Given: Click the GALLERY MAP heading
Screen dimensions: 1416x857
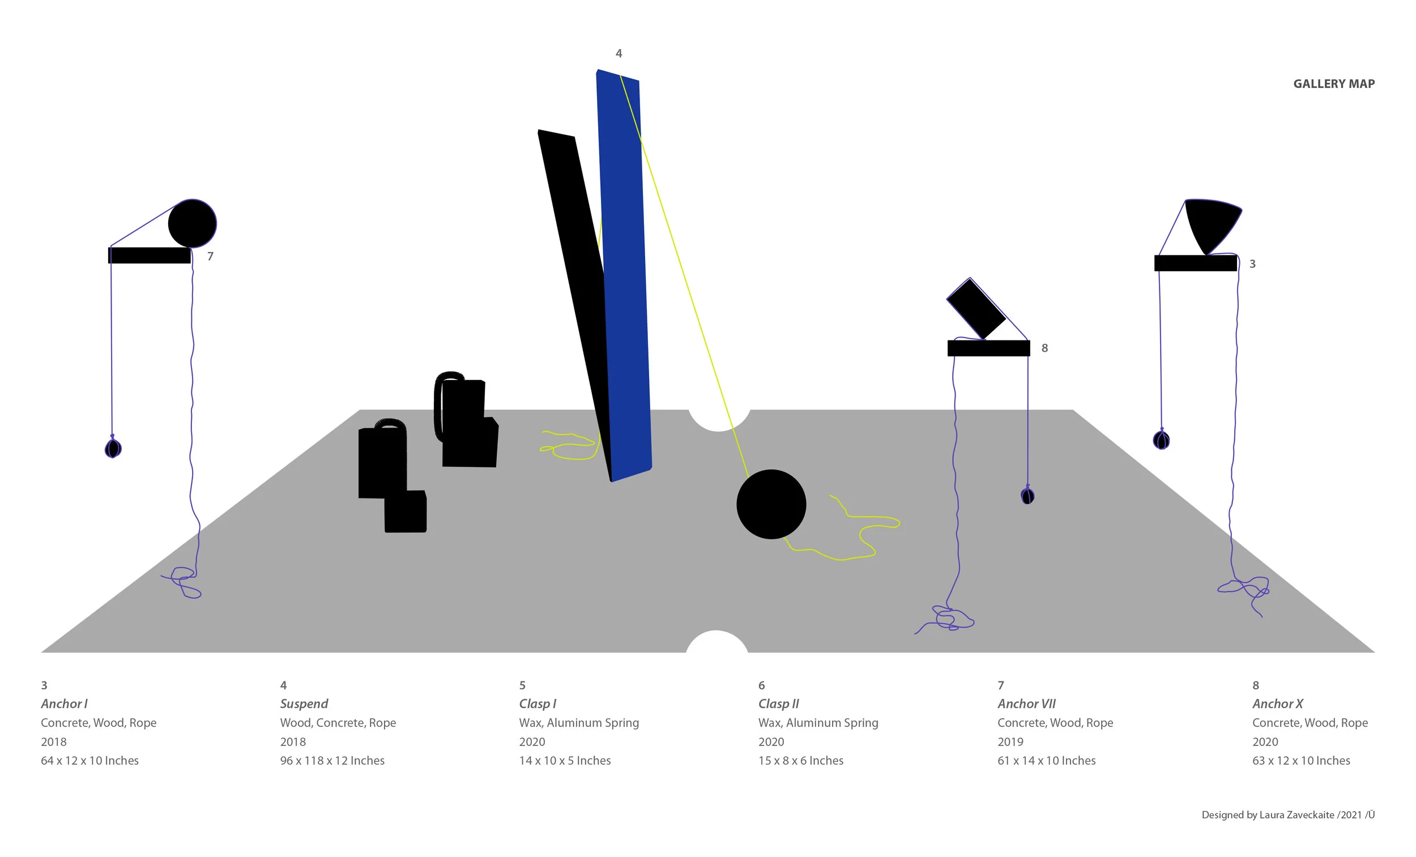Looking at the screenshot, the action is (x=1333, y=84).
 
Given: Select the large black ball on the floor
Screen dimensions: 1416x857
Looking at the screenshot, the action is (x=771, y=504).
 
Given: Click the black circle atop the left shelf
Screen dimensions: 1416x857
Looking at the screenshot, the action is (x=192, y=224).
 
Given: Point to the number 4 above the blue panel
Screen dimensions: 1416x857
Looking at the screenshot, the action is (x=619, y=53).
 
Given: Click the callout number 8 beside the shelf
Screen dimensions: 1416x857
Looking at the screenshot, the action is (x=1044, y=348).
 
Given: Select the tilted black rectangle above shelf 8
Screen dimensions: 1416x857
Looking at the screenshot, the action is (x=975, y=309).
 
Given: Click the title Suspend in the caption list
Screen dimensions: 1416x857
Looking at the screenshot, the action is (x=304, y=703).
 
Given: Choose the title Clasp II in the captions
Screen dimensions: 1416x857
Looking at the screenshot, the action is (x=778, y=703).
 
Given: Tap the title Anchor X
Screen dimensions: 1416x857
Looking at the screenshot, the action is (x=1277, y=703).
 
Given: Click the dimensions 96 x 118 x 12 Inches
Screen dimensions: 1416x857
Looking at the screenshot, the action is (x=331, y=761).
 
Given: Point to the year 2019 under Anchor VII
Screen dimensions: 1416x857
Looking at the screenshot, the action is (x=1010, y=741).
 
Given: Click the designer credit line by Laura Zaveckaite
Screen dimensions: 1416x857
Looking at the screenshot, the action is (x=1287, y=815).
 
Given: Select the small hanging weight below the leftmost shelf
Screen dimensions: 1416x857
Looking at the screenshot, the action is (x=113, y=447).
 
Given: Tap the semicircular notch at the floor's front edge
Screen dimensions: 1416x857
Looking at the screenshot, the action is (x=716, y=642).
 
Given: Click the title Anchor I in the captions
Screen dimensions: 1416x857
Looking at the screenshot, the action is (x=64, y=703).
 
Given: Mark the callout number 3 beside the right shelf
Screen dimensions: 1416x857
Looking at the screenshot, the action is (x=1252, y=264).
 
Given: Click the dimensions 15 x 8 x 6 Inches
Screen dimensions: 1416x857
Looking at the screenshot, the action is (x=800, y=761).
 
